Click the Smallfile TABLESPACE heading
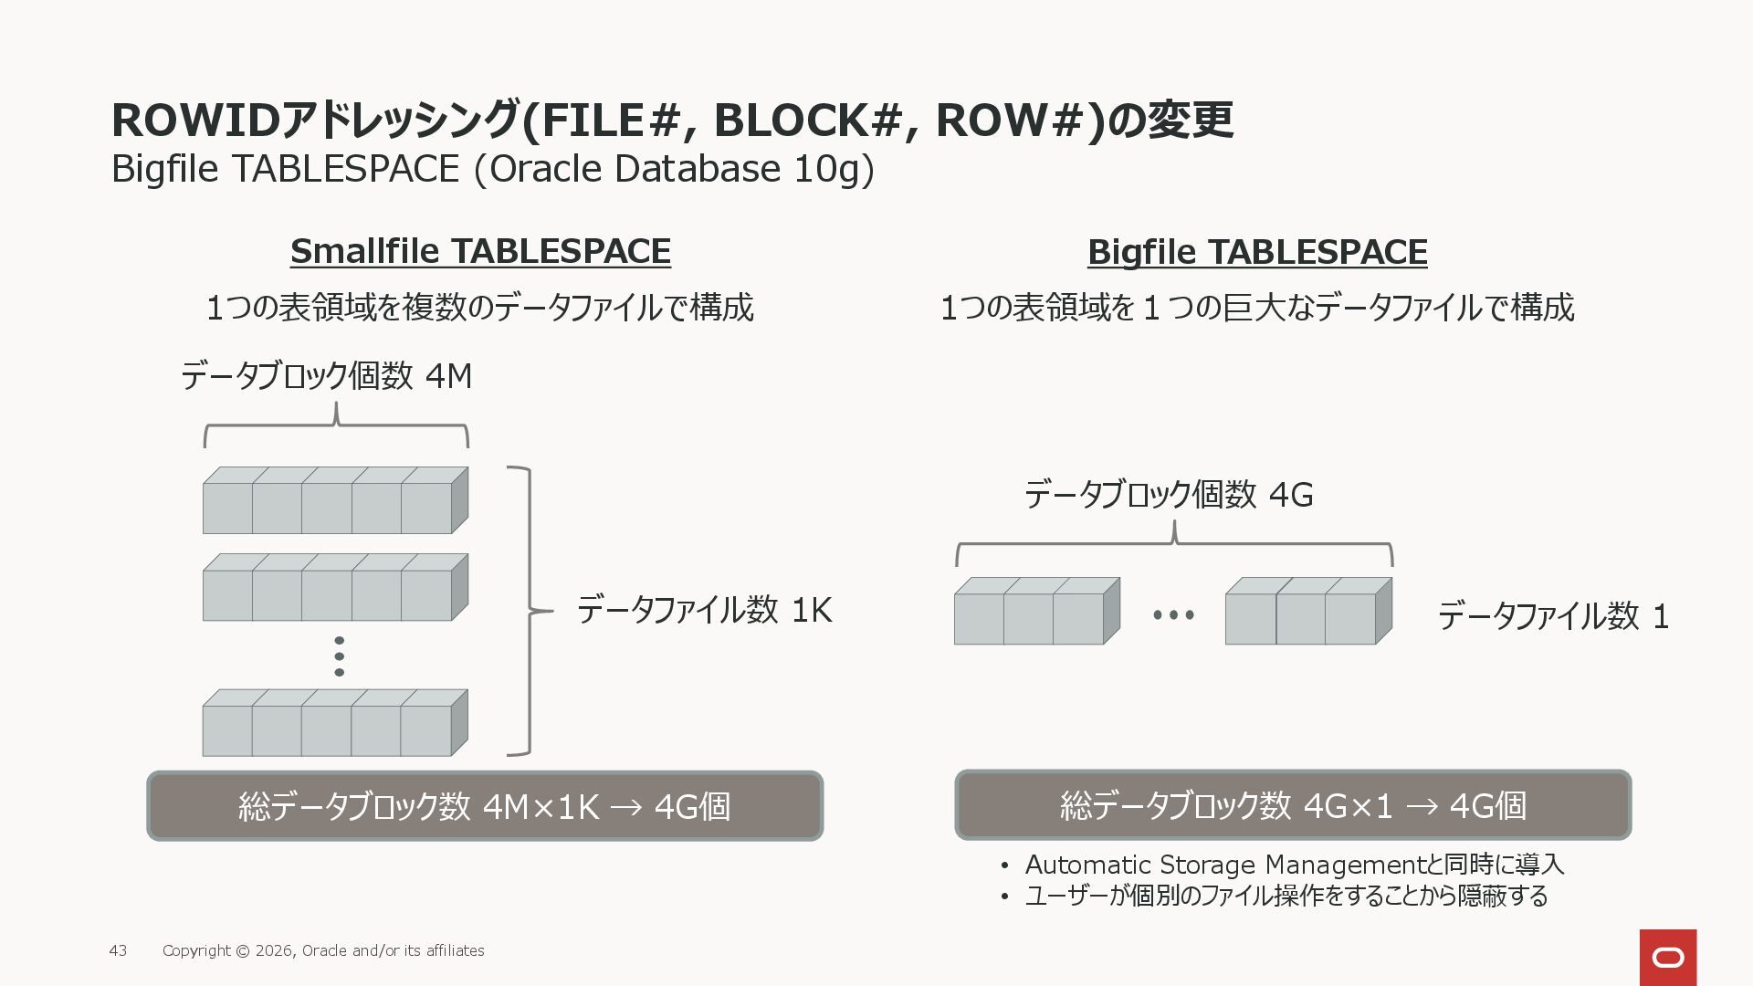coord(480,251)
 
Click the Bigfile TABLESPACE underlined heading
coord(1257,252)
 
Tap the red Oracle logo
coord(1667,957)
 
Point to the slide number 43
coord(118,950)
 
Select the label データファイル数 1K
coord(704,610)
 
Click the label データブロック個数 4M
coord(326,376)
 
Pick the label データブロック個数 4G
coord(1169,495)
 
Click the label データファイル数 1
coord(1553,616)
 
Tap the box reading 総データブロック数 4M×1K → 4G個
coord(485,806)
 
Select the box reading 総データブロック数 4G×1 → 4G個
coord(1293,805)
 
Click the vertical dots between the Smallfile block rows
coord(340,656)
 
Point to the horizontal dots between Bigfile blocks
coord(1173,615)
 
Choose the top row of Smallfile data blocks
coord(335,501)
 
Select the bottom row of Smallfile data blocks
coord(335,723)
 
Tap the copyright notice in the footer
coord(323,950)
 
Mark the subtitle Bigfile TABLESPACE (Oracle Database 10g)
coord(492,169)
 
